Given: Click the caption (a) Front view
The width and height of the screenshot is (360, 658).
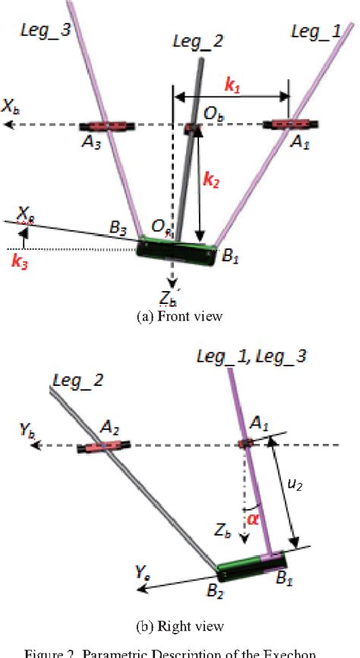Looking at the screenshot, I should [x=179, y=317].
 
